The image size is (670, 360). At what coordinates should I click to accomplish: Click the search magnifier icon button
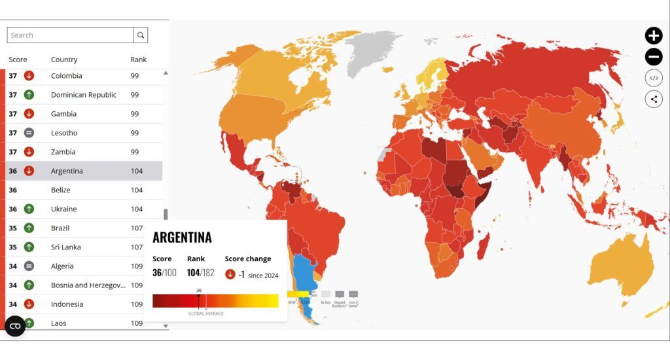pos(141,35)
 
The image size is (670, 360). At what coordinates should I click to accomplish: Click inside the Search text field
pos(71,35)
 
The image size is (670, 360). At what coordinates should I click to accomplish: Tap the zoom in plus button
pos(653,36)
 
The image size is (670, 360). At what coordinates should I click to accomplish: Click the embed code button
pos(653,79)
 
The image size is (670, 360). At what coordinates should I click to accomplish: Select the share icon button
pos(653,99)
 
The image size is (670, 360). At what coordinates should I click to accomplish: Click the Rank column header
pos(138,60)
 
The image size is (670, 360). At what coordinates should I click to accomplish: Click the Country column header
pos(64,60)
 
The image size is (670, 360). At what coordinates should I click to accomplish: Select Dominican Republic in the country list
pos(84,95)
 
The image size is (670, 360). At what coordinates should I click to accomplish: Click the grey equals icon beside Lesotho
pos(29,133)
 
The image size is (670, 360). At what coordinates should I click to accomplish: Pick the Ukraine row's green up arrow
pos(29,209)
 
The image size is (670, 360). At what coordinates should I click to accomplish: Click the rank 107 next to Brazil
pos(136,228)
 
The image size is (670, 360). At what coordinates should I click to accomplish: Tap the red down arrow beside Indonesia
pos(29,304)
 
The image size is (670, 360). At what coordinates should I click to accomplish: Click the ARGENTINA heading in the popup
pos(182,238)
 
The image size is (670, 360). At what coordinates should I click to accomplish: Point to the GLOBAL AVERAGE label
pos(206,314)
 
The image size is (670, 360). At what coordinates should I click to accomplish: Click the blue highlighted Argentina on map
pos(303,275)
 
